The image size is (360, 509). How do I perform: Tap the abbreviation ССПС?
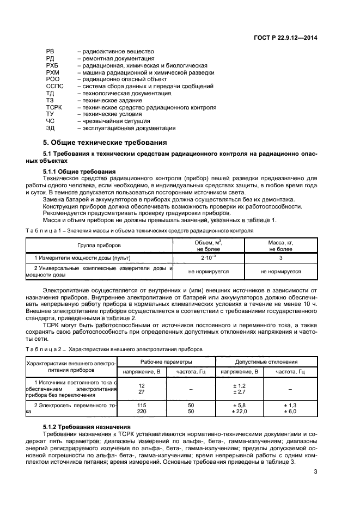coord(54,86)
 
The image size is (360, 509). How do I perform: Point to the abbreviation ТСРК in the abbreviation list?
coord(54,107)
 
